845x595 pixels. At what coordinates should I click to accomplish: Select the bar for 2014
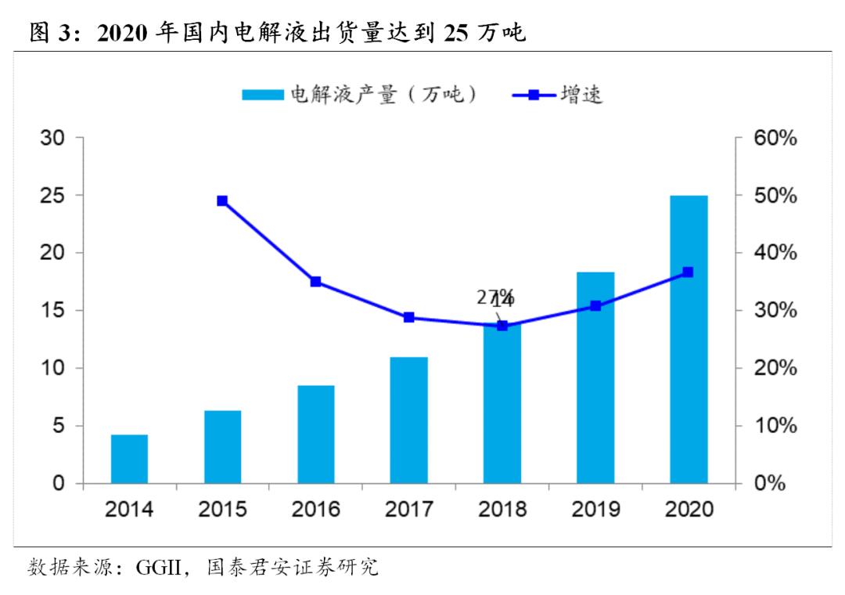click(129, 459)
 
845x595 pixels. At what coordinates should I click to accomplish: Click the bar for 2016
click(316, 435)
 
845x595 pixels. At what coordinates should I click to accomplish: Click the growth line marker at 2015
click(222, 201)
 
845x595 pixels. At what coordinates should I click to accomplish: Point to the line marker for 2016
click(316, 282)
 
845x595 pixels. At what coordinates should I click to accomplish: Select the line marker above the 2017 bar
click(409, 318)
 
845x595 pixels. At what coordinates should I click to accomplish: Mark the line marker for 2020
click(689, 272)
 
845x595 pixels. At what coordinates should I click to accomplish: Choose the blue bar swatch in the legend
click(262, 96)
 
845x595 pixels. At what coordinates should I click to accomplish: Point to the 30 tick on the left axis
click(52, 138)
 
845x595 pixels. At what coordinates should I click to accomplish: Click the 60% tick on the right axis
click(775, 138)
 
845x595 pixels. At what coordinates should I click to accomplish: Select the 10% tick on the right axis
click(775, 426)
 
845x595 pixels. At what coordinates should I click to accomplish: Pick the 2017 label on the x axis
click(409, 510)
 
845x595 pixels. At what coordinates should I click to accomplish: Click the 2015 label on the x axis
click(222, 510)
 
